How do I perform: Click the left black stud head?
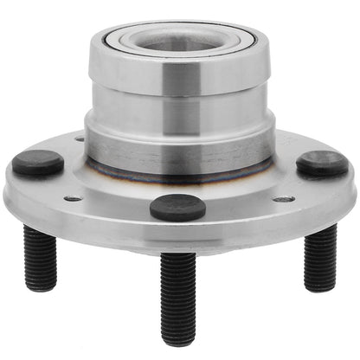pos(37,163)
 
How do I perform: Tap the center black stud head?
pos(177,207)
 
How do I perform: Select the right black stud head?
pos(322,164)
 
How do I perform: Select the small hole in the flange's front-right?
pos(283,199)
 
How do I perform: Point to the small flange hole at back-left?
pos(80,138)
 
